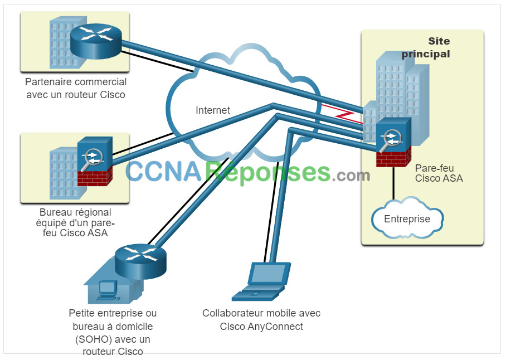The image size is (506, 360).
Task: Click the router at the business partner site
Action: click(96, 41)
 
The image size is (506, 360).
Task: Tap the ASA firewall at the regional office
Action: click(95, 161)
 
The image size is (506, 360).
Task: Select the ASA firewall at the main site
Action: click(393, 142)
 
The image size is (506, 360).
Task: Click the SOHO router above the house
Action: click(140, 261)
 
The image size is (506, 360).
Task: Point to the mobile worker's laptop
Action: click(261, 281)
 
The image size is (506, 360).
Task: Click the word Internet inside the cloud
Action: click(213, 110)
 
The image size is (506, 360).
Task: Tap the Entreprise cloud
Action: click(407, 218)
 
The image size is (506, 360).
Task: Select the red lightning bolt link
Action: click(342, 114)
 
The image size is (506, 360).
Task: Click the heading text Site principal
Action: click(426, 47)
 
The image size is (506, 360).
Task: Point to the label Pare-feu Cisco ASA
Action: click(439, 173)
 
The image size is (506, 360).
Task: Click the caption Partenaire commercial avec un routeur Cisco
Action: click(76, 88)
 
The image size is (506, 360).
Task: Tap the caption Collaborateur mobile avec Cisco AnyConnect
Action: click(261, 320)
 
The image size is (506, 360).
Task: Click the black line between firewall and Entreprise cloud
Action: click(393, 183)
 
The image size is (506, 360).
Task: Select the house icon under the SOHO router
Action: click(113, 283)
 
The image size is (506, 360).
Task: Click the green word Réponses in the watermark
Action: click(268, 173)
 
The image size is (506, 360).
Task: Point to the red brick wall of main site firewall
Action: click(393, 157)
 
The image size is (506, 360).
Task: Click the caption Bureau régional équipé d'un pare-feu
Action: click(75, 222)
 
